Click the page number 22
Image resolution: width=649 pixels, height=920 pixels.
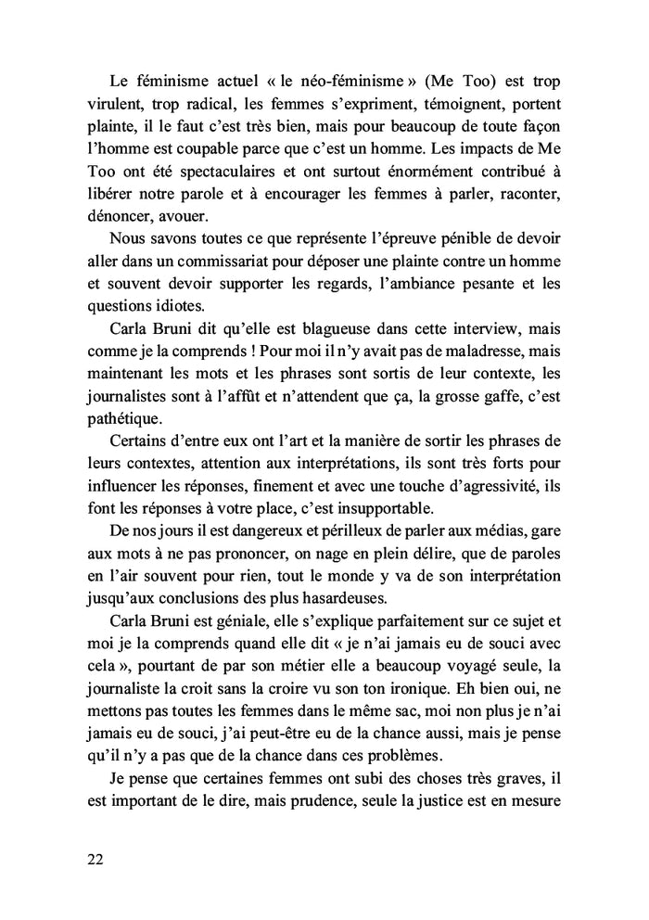click(93, 859)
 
